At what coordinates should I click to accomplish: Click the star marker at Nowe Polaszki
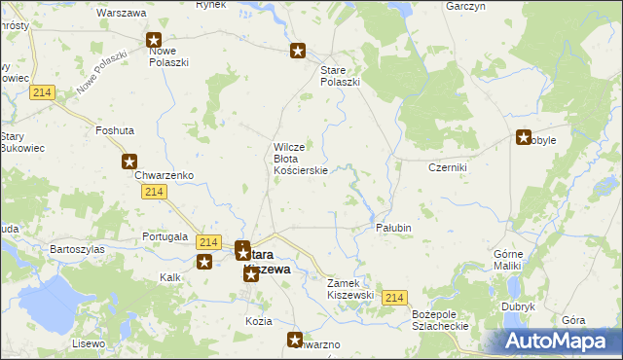(x=154, y=41)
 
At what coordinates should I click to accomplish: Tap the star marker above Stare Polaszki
(x=299, y=52)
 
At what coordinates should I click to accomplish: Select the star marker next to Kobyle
(x=524, y=138)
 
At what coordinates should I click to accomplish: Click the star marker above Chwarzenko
(x=128, y=162)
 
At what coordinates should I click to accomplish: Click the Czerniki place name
(x=449, y=167)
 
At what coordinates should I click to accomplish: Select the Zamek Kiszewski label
(x=350, y=288)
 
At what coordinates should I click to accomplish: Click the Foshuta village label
(x=115, y=129)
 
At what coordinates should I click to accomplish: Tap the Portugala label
(x=164, y=236)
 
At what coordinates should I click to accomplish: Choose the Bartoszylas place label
(x=78, y=249)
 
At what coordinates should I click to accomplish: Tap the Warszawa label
(x=122, y=14)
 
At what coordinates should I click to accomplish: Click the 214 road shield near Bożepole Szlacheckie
(x=393, y=298)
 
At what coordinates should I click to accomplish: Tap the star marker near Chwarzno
(x=295, y=339)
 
